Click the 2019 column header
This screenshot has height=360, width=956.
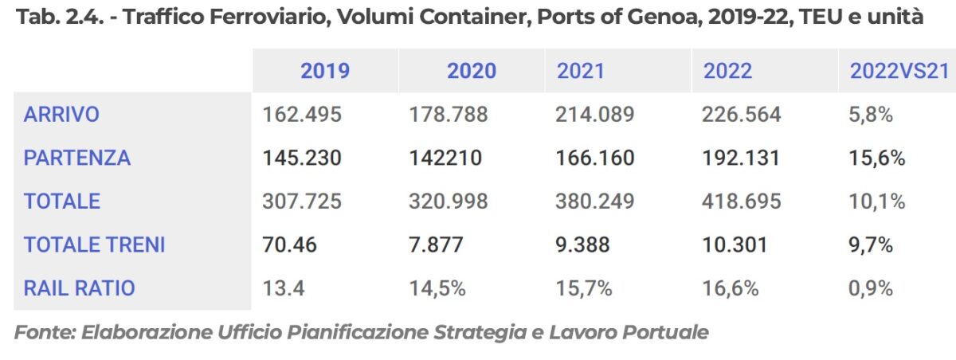click(x=324, y=71)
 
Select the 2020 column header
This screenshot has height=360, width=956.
click(x=471, y=71)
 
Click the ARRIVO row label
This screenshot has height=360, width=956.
click(x=61, y=115)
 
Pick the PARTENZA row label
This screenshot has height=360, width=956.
click(x=76, y=158)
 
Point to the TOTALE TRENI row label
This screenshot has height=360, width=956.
click(x=94, y=245)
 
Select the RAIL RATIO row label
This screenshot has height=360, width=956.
click(x=79, y=288)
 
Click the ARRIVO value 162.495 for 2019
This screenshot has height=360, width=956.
click(x=302, y=115)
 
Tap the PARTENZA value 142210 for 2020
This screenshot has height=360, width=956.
click(x=445, y=158)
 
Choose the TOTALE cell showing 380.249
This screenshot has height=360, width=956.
click(x=595, y=202)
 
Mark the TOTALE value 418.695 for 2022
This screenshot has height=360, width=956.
click(x=742, y=202)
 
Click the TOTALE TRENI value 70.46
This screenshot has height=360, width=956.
click(x=289, y=245)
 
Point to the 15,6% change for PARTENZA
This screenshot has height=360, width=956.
click(x=877, y=158)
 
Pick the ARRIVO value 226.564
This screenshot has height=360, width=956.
click(x=742, y=115)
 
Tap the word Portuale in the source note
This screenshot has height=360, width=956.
click(x=668, y=332)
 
